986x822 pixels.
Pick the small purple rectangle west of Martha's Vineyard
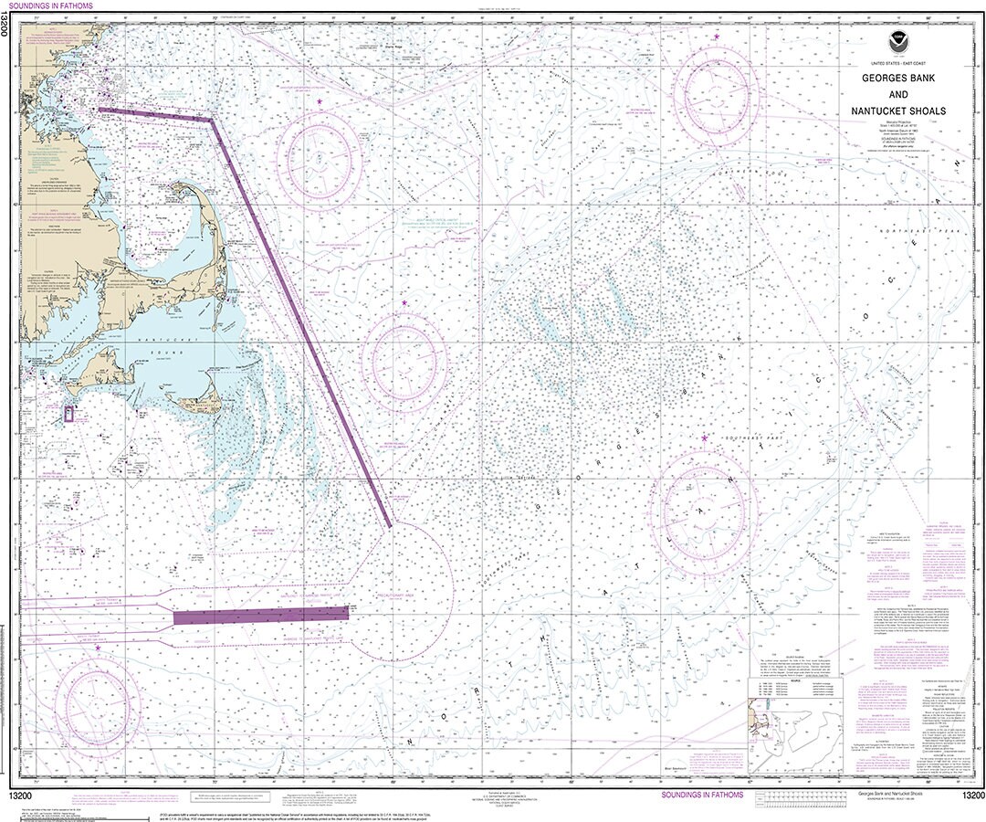click(x=68, y=414)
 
